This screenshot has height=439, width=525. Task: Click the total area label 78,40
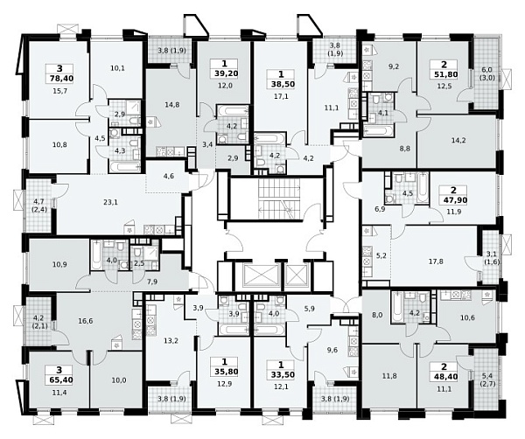pos(59,79)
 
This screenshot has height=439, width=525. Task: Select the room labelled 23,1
pos(110,202)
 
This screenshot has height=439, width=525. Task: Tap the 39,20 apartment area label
pos(224,73)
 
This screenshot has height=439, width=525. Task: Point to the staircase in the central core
pos(275,199)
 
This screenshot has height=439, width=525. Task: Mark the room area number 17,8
pos(436,261)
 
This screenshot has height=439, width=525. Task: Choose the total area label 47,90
pos(453,200)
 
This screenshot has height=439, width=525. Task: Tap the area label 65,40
pos(59,380)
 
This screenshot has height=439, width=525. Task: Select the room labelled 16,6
pos(86,321)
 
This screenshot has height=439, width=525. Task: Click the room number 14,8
pos(172,105)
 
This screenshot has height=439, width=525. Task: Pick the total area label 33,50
pos(281,374)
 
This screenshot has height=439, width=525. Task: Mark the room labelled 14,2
pos(458,140)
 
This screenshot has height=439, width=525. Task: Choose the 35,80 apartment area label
pos(224,371)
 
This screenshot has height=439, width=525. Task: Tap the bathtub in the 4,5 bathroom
pos(423,187)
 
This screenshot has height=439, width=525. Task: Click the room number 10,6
pos(467,317)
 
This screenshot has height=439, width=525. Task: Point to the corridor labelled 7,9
pos(152,282)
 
